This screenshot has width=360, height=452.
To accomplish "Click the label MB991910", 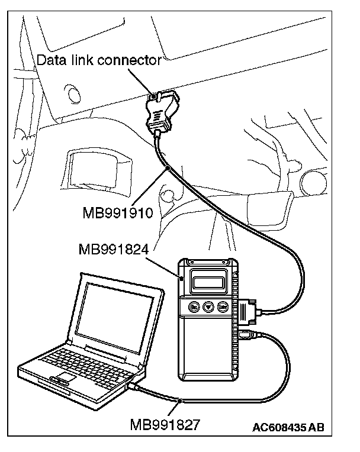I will coord(118,212).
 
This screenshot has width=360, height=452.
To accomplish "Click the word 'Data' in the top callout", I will coord(50,60).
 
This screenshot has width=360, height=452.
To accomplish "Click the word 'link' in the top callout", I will coord(82,60).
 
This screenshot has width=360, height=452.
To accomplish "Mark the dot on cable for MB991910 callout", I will coord(169,169).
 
